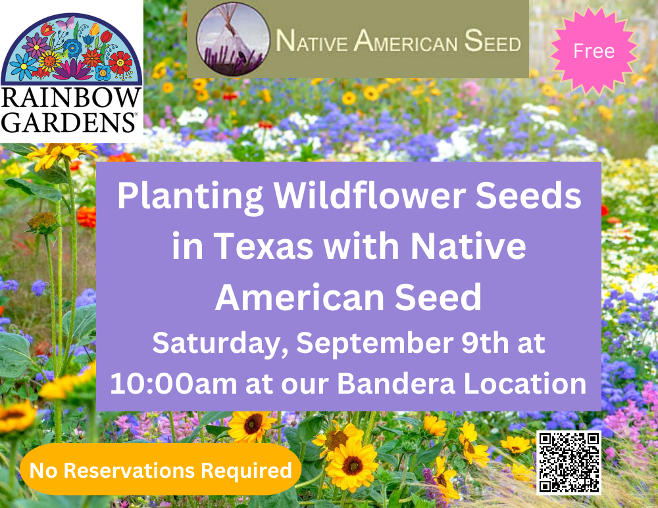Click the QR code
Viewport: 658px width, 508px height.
569,462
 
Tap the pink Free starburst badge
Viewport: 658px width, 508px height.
594,51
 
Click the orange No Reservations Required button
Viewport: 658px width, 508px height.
161,470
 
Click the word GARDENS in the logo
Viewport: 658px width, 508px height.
71,122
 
